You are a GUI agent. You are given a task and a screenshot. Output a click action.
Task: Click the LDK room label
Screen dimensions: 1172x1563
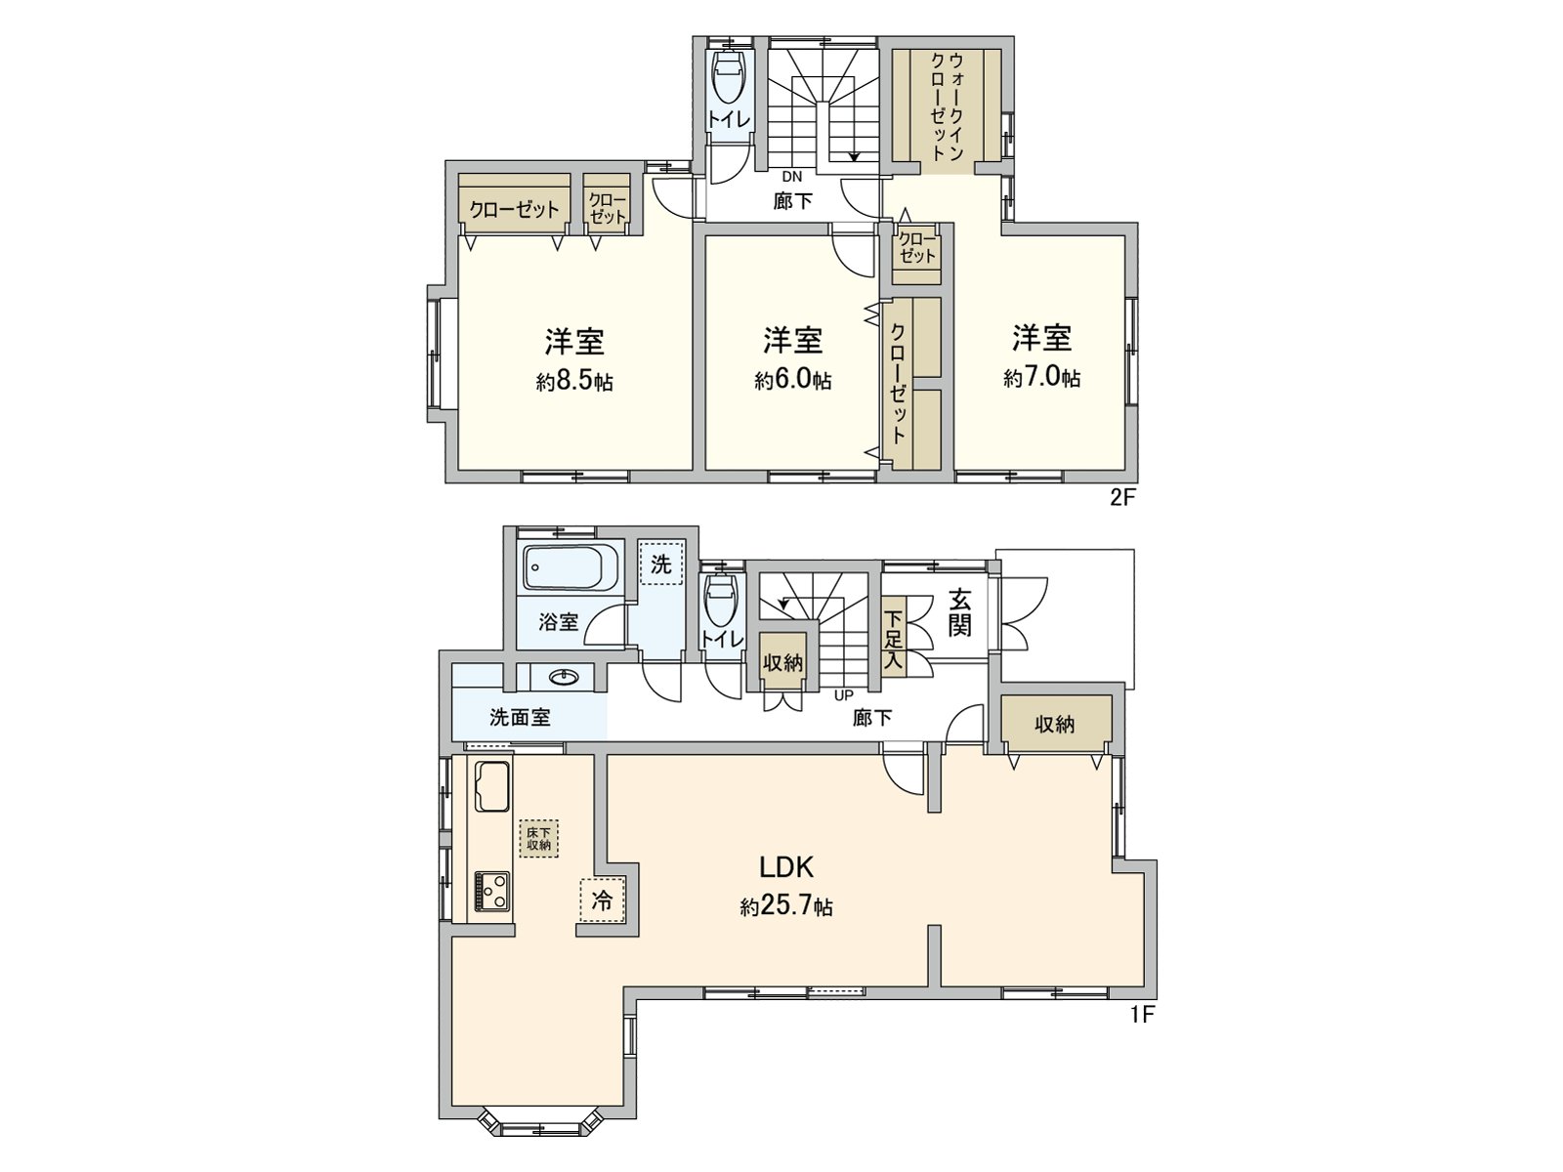(786, 866)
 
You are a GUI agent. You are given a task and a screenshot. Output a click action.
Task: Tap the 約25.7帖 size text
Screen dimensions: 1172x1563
(786, 907)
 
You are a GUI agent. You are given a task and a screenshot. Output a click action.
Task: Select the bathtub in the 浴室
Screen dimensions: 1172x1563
(570, 567)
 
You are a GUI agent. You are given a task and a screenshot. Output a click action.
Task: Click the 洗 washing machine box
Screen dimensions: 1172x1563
(661, 565)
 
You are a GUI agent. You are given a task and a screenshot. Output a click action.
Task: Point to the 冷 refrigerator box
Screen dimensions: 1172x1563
(603, 900)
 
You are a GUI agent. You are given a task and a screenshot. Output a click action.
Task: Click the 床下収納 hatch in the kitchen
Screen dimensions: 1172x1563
(539, 838)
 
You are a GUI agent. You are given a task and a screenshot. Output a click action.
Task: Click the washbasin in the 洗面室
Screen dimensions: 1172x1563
(562, 678)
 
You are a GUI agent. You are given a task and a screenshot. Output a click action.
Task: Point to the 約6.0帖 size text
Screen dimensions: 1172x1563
(792, 380)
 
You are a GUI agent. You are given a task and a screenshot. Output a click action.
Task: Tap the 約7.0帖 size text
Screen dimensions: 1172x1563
(1041, 378)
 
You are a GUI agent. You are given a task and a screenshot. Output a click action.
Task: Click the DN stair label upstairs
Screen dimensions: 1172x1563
(791, 177)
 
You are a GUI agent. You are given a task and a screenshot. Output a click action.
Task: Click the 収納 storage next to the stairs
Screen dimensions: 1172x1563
(782, 663)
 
